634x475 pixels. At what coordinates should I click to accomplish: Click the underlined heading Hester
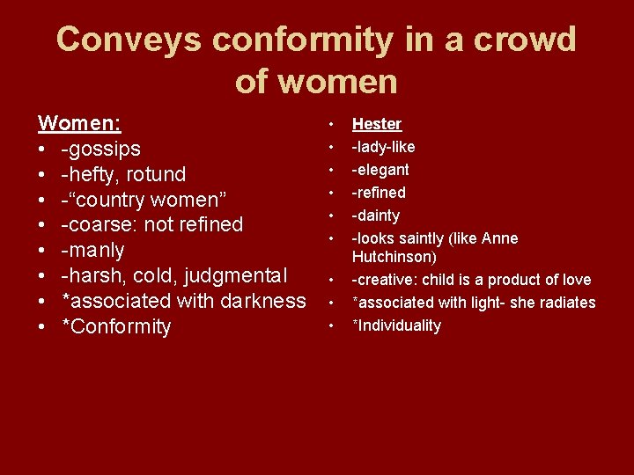coord(377,124)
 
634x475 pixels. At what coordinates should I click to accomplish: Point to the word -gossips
coord(100,148)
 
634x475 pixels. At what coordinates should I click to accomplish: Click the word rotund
coord(156,173)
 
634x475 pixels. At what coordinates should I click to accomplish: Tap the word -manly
coord(92,250)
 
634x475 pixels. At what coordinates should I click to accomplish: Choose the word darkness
coord(262,301)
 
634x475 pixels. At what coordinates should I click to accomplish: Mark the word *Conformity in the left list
coord(116,326)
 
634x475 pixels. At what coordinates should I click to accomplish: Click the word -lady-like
coord(384,147)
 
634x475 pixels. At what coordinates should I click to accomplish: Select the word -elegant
coord(381,170)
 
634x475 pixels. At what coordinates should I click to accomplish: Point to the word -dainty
coord(376,216)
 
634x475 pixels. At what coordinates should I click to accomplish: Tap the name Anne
coord(500,238)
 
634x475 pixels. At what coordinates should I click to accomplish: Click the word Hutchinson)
coord(394,257)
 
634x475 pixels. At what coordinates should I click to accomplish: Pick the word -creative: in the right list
coord(385,280)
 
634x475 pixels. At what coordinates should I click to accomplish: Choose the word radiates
coord(567,303)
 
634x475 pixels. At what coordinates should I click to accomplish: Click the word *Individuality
coord(397,325)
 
